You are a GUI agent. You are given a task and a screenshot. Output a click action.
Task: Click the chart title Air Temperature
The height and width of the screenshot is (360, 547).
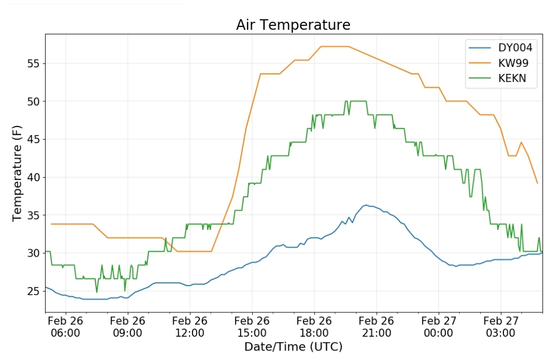click(x=293, y=25)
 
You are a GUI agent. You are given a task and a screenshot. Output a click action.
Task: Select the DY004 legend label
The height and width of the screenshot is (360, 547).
click(x=515, y=48)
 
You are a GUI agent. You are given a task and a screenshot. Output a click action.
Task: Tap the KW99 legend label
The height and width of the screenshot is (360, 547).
click(x=513, y=63)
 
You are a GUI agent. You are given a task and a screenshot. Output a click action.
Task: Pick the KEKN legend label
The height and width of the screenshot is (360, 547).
click(x=512, y=78)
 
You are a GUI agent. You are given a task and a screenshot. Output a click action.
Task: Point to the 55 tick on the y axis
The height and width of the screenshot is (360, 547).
click(x=34, y=64)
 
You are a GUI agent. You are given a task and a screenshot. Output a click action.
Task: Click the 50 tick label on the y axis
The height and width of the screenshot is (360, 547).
click(x=34, y=101)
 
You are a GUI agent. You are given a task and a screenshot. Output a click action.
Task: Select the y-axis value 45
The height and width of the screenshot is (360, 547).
click(x=34, y=140)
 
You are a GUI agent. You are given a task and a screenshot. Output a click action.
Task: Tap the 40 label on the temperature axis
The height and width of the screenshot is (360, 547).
click(x=34, y=178)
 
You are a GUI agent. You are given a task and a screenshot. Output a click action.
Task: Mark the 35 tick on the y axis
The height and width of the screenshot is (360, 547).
click(x=34, y=215)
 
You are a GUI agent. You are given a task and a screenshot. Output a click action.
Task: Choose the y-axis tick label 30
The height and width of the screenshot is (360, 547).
click(x=34, y=253)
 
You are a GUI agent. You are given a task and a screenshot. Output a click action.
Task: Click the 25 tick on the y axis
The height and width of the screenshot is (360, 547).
click(x=34, y=291)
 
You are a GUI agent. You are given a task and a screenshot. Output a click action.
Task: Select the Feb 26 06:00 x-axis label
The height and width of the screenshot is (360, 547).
click(x=65, y=327)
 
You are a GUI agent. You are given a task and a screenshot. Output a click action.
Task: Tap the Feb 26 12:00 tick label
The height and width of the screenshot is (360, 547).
click(x=190, y=327)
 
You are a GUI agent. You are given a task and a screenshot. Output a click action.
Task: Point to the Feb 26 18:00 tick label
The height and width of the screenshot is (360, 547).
click(x=314, y=327)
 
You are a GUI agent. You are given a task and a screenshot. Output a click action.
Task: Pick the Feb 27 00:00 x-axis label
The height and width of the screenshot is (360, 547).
click(x=439, y=327)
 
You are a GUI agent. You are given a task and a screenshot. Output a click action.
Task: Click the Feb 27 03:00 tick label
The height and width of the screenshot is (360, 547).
click(x=500, y=327)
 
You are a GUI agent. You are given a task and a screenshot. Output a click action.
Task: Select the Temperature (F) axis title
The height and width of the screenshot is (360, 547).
click(x=17, y=173)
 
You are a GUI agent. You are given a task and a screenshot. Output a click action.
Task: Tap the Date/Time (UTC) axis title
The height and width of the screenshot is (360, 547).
click(x=293, y=347)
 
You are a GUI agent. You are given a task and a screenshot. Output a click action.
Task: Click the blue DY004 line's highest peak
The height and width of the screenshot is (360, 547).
click(x=366, y=205)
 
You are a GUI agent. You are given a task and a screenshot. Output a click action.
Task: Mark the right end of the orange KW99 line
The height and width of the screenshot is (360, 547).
click(x=537, y=183)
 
